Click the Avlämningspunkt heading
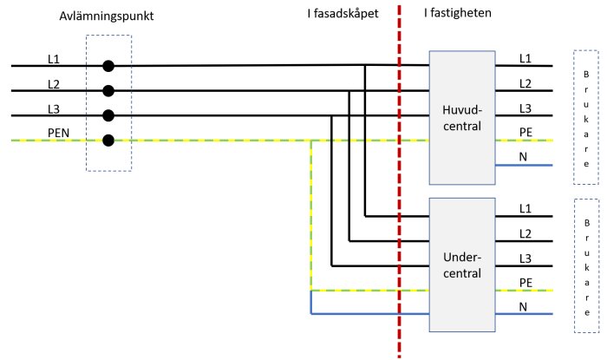point(107,16)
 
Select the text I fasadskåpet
point(343,14)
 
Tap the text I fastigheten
point(458,13)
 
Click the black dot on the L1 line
point(108,66)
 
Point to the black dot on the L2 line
point(108,91)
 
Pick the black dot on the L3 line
point(108,115)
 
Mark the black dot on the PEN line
point(108,141)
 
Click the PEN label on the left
point(58,133)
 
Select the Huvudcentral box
point(462,118)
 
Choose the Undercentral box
point(462,265)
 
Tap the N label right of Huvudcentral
point(523,157)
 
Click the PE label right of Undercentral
point(525,283)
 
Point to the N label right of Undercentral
point(523,307)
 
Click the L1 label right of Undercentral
point(525,209)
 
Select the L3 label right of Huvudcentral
point(525,108)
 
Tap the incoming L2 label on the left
point(54,84)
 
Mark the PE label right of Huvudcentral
point(525,133)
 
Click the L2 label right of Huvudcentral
point(525,83)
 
